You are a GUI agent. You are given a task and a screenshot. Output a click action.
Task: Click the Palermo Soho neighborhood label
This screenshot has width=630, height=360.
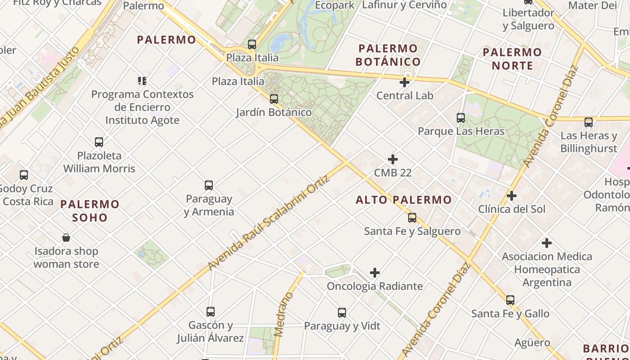coord(90,211)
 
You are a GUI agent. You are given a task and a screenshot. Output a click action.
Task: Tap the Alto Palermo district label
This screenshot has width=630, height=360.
coord(404,200)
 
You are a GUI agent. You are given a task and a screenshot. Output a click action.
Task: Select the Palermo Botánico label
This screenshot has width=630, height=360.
coord(388,55)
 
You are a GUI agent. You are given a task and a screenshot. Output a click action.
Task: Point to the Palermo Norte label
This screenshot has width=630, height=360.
coord(512,59)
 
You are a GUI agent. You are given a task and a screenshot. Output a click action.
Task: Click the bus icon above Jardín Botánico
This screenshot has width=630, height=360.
coord(274,99)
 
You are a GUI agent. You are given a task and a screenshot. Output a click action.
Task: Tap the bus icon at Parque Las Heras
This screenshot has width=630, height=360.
coord(461,118)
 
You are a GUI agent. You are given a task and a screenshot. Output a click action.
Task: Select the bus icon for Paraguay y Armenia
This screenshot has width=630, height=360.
coord(209,185)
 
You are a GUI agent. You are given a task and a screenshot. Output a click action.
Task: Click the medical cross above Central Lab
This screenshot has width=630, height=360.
coord(405,82)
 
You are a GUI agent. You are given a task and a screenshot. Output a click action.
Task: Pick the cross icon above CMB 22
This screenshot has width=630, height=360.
coord(393,159)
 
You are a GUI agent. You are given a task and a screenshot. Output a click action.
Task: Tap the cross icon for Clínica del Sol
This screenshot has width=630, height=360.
coord(512,196)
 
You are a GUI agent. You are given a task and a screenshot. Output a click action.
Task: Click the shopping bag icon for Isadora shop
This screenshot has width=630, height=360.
coord(66,238)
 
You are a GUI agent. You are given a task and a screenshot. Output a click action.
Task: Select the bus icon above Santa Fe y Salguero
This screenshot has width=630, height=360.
coord(412,218)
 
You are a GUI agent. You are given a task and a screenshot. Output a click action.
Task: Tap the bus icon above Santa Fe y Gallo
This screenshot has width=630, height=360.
coord(510,300)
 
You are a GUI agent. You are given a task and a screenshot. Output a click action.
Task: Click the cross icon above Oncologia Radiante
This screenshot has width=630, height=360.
coord(375,273)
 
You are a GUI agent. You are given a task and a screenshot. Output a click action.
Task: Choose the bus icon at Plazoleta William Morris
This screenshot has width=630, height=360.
coord(99,142)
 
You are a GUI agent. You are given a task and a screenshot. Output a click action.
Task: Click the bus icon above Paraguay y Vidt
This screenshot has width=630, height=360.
coord(342,312)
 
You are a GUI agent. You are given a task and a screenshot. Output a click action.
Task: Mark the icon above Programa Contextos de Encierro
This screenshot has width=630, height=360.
coord(142,81)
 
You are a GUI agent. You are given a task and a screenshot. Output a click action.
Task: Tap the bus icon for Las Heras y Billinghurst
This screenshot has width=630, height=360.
coord(589,122)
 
